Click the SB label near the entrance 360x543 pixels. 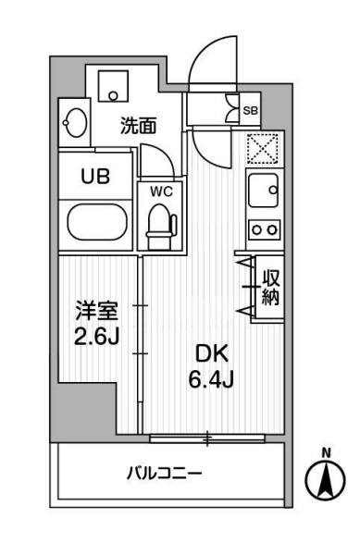(250, 110)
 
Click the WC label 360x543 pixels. (161, 191)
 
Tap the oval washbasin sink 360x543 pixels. (75, 121)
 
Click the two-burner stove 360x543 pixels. (263, 228)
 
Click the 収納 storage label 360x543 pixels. (269, 287)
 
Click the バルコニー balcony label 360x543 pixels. (164, 475)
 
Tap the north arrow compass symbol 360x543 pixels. (325, 478)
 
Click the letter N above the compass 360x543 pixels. (325, 451)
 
